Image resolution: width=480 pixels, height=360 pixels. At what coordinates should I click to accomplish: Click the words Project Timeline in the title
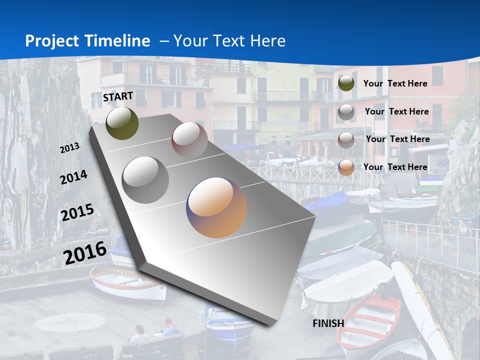(x=87, y=41)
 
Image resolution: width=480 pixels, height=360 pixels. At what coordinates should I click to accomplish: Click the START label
(x=118, y=96)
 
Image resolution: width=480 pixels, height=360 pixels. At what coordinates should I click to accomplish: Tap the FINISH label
(x=328, y=323)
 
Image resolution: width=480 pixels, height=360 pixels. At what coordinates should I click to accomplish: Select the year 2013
(x=69, y=148)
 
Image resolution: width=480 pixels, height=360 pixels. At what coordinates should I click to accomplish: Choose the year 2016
(x=85, y=253)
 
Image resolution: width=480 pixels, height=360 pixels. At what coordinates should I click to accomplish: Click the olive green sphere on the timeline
(x=122, y=123)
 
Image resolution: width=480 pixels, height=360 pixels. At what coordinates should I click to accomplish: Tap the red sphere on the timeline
(x=189, y=140)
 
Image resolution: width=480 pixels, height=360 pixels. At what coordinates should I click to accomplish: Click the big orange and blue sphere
(x=216, y=207)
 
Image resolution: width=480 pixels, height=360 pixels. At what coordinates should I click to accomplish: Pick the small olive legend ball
(x=346, y=83)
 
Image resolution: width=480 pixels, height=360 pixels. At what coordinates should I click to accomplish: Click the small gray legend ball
(x=346, y=112)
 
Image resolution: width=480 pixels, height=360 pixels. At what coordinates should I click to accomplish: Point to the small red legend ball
(x=346, y=140)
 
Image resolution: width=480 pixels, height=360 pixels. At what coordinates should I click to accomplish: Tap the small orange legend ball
(x=346, y=167)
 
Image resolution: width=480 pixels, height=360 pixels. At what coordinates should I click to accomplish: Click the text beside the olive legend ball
(x=395, y=83)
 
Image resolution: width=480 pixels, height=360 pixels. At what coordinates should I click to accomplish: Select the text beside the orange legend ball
(x=395, y=167)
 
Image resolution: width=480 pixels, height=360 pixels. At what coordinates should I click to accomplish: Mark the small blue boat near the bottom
(x=230, y=327)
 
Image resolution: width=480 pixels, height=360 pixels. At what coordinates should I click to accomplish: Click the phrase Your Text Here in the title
(x=229, y=41)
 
